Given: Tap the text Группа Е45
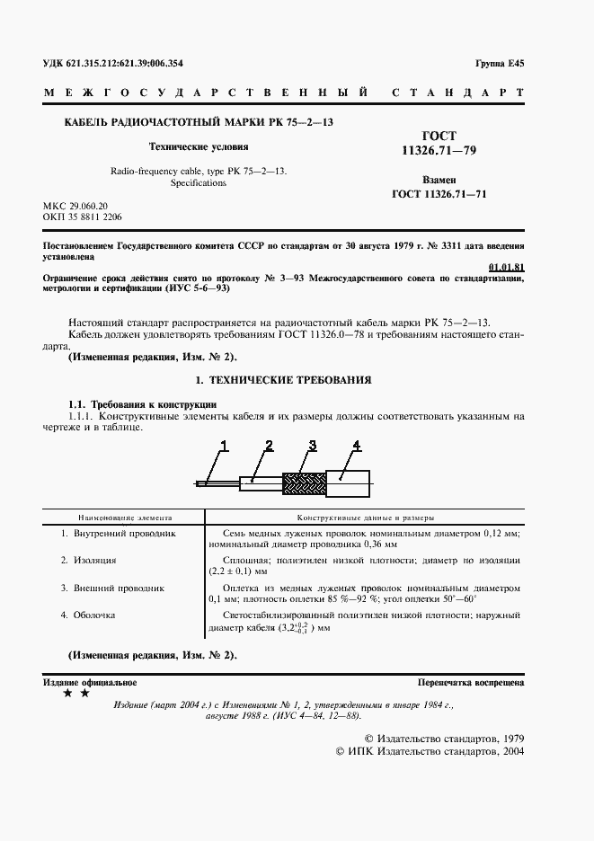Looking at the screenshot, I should (x=499, y=63).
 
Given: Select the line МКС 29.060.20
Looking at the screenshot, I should (x=75, y=206).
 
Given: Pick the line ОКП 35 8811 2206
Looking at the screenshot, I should (x=84, y=217).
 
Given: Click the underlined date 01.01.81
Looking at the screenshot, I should (x=506, y=267).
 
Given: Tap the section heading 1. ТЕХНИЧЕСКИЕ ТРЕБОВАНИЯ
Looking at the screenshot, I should (x=283, y=380).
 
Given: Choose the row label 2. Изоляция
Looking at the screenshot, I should (x=88, y=560).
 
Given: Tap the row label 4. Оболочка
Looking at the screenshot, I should (x=87, y=615).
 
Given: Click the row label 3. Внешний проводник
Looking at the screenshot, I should (x=112, y=588).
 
